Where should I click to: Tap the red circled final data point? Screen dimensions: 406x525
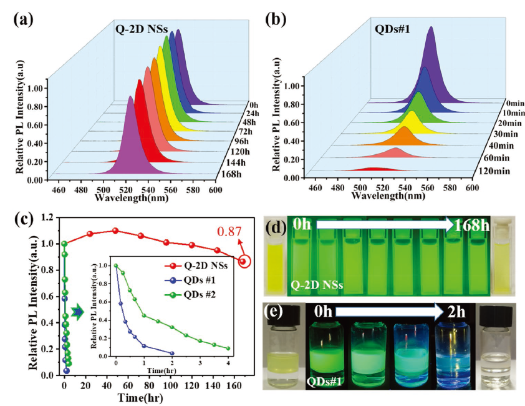(x=243, y=260)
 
